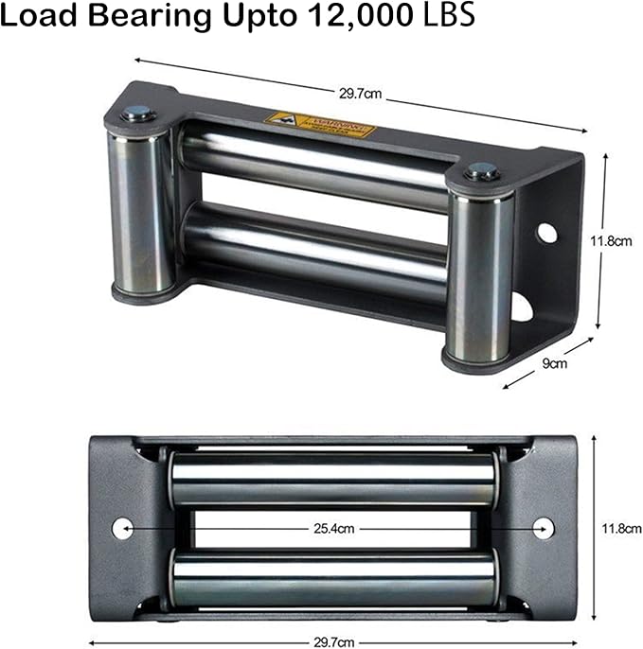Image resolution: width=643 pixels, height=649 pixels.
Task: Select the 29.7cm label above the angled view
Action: point(360,95)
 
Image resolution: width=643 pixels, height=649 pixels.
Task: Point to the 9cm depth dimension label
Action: point(555,362)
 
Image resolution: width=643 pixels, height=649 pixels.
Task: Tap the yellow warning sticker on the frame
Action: point(320,124)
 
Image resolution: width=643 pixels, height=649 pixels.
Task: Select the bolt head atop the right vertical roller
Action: point(481,172)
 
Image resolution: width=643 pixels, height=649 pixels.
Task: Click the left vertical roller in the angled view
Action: point(141,208)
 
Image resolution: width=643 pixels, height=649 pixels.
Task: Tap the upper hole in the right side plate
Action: point(547,232)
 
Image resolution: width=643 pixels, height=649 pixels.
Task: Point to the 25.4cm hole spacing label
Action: point(333,529)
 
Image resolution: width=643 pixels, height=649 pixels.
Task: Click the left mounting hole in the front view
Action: point(121,528)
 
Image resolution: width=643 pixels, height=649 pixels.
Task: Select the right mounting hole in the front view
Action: point(545,528)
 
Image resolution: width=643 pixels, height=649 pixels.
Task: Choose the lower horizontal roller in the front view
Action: point(332,578)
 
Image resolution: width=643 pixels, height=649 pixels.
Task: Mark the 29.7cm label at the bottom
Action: point(333,640)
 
